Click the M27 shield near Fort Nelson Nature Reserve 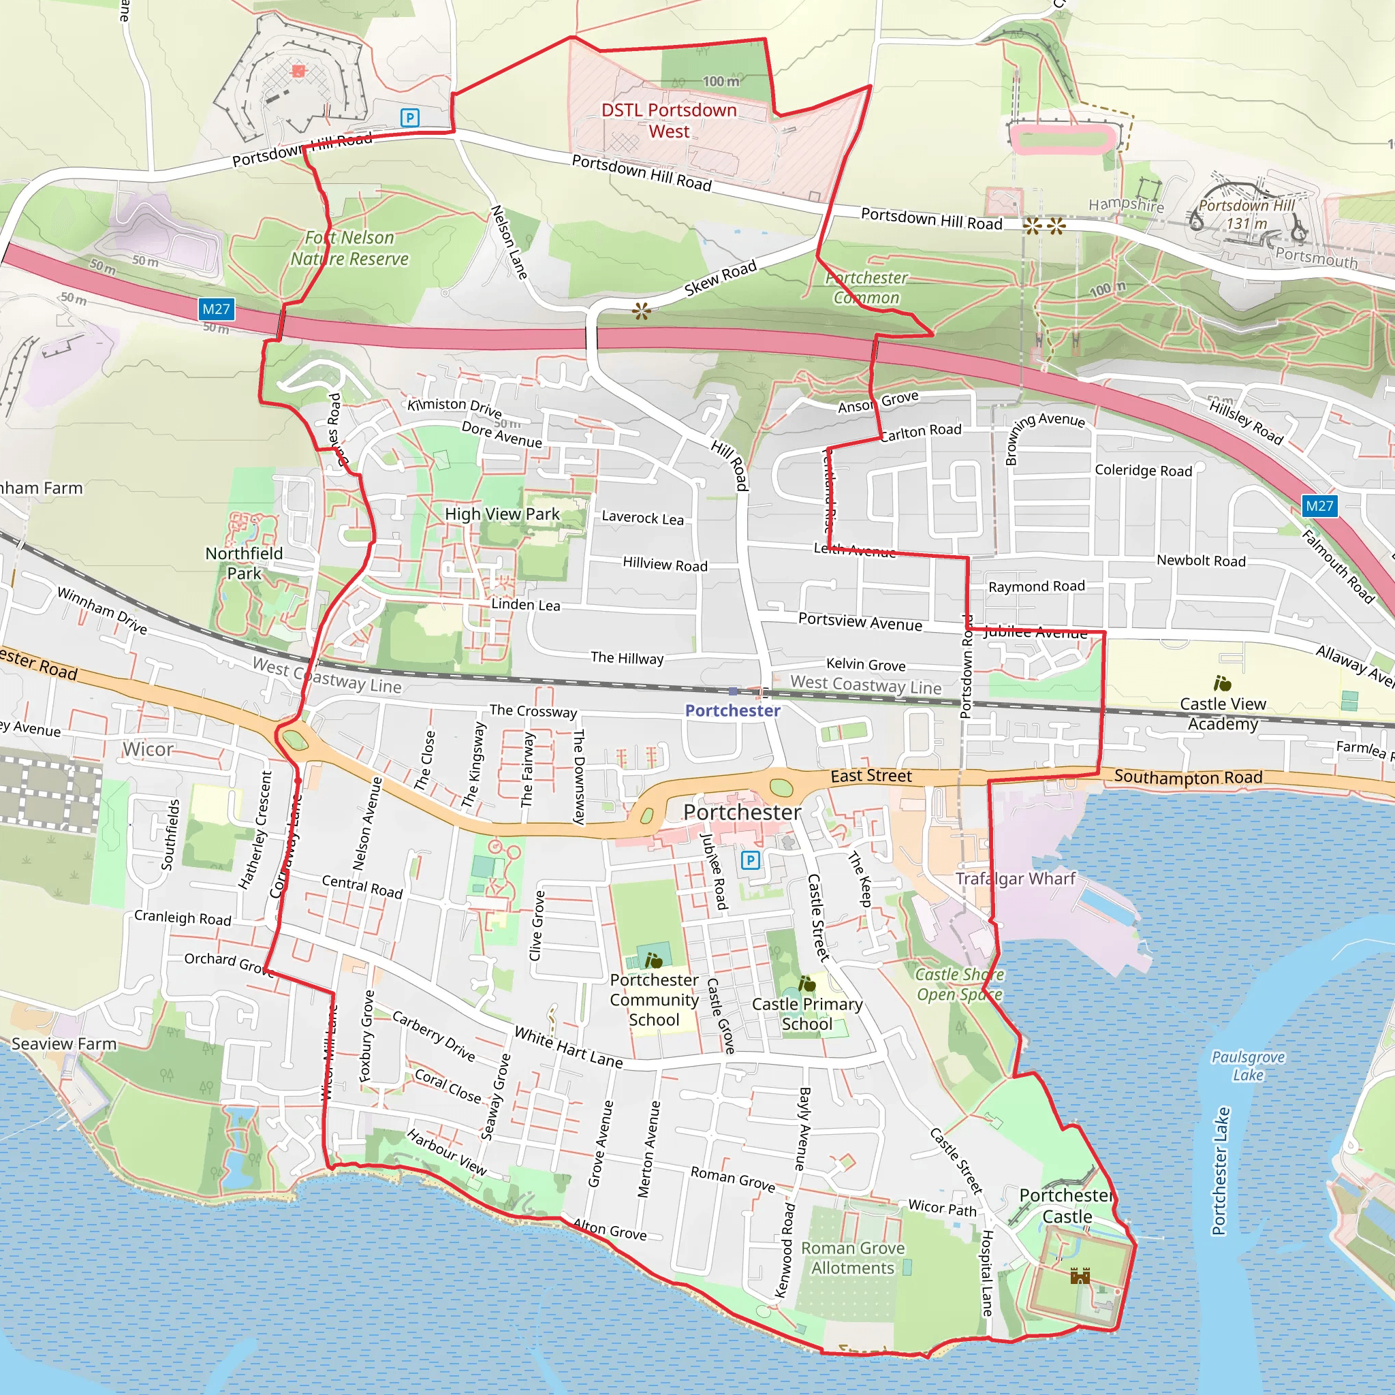pyautogui.click(x=216, y=310)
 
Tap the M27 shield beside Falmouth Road pyautogui.click(x=1319, y=505)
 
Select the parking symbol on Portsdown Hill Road pyautogui.click(x=409, y=117)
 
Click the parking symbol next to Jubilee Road pyautogui.click(x=750, y=860)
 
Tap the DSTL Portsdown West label pyautogui.click(x=669, y=121)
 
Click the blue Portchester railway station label pyautogui.click(x=732, y=710)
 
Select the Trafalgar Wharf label pyautogui.click(x=1015, y=879)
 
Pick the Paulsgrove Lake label pyautogui.click(x=1248, y=1066)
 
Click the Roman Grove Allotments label pyautogui.click(x=852, y=1258)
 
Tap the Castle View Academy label pyautogui.click(x=1223, y=713)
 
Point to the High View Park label pyautogui.click(x=502, y=514)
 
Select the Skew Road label pyautogui.click(x=720, y=278)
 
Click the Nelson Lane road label pyautogui.click(x=509, y=242)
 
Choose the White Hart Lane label pyautogui.click(x=568, y=1047)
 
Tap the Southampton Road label pyautogui.click(x=1188, y=777)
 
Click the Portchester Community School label pyautogui.click(x=654, y=999)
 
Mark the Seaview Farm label pyautogui.click(x=63, y=1044)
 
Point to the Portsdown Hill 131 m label pyautogui.click(x=1247, y=215)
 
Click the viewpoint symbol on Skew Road pyautogui.click(x=641, y=311)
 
